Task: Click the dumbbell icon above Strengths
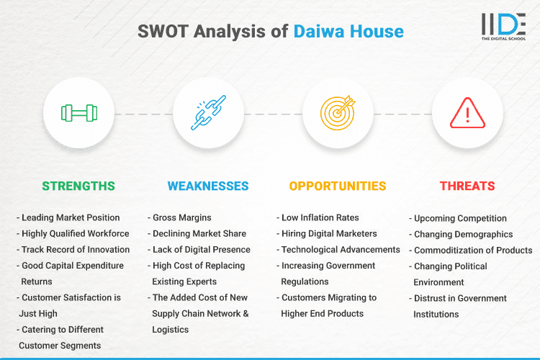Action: (78, 113)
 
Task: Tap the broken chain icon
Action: (208, 113)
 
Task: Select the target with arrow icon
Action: (338, 113)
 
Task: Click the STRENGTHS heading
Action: (78, 186)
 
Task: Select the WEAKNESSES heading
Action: (208, 186)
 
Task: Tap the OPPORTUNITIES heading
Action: (338, 186)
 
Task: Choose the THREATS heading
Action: (467, 186)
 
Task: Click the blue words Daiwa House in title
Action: (348, 32)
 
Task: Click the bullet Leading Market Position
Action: (71, 217)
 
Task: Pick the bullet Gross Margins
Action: (180, 217)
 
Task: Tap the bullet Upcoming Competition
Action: (460, 218)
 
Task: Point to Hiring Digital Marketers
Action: (329, 233)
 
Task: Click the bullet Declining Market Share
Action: (199, 233)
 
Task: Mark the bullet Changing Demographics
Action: (463, 234)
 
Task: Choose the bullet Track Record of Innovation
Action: (76, 249)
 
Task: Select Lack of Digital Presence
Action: (201, 249)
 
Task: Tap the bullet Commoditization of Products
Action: (472, 250)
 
